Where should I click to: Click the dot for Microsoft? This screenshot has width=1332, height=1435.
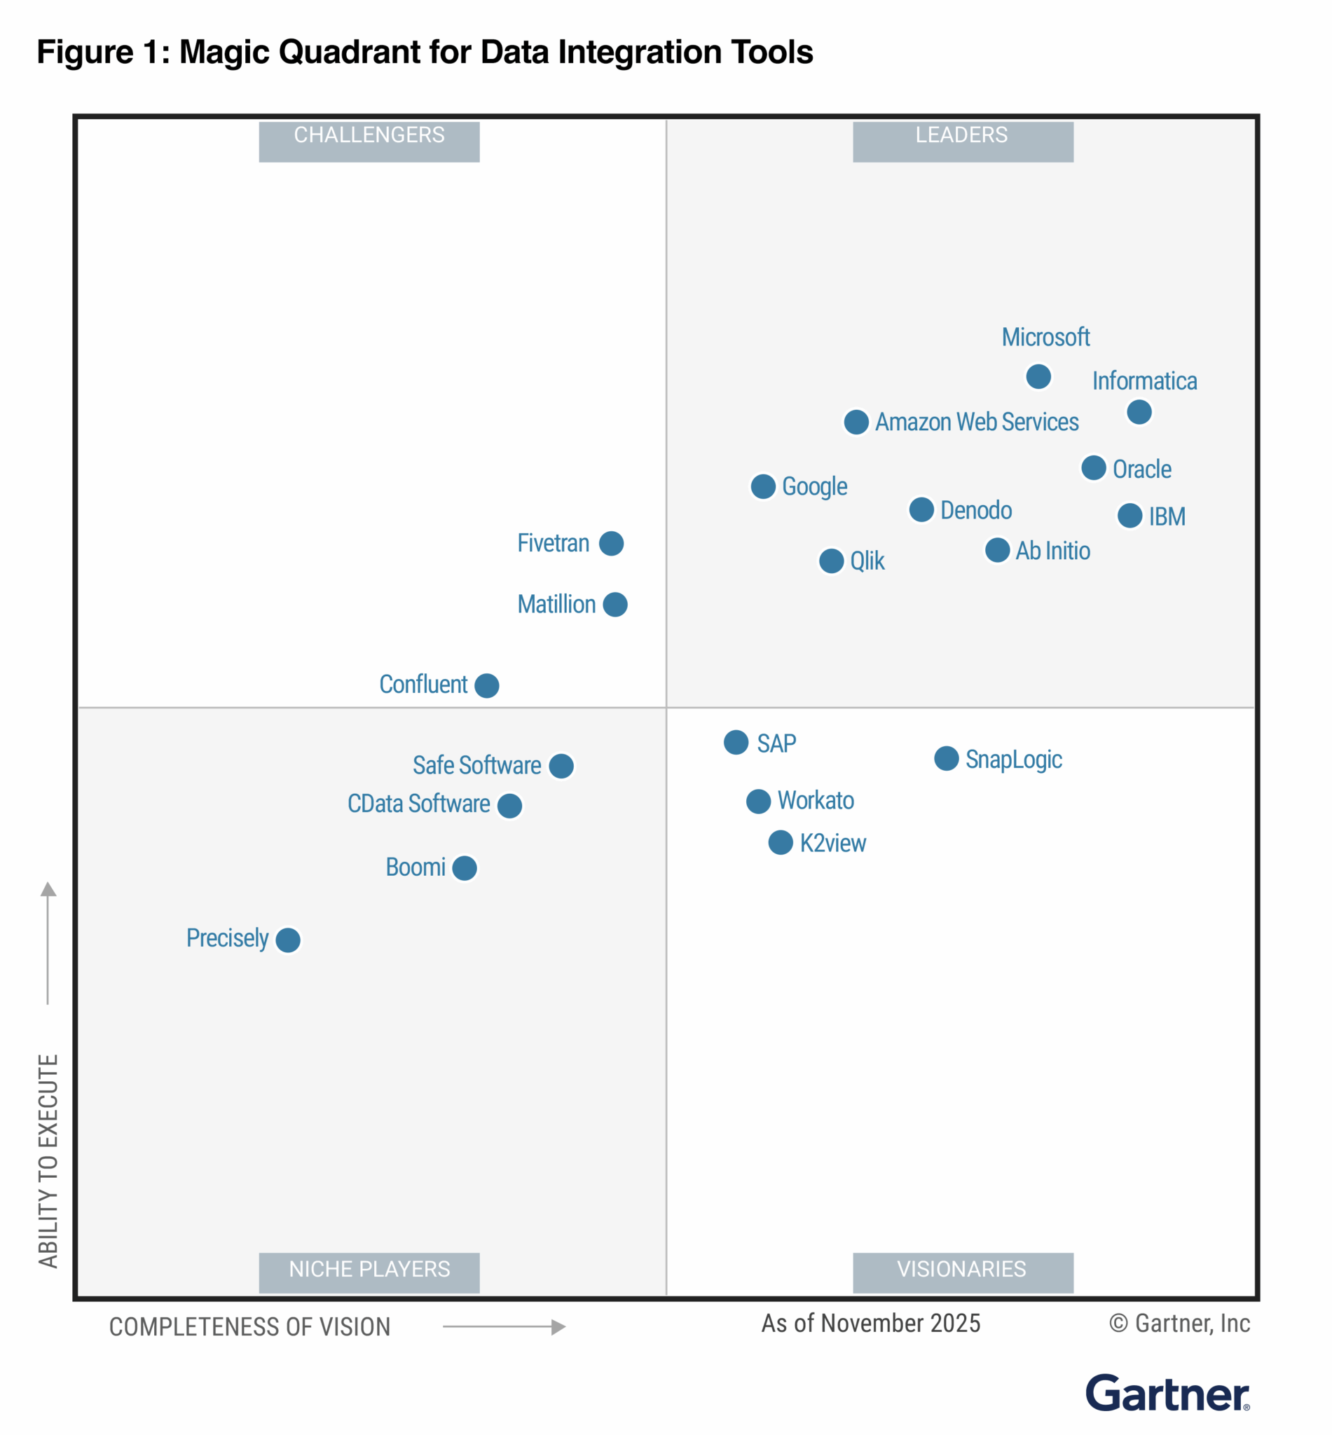click(x=1038, y=376)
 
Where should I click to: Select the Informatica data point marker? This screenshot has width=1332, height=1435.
click(x=1139, y=412)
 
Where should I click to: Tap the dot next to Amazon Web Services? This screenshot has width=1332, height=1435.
click(x=856, y=422)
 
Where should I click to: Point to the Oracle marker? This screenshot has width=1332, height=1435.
click(x=1094, y=468)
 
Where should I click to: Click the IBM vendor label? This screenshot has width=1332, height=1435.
click(x=1167, y=517)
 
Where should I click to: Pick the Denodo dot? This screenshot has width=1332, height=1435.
click(x=921, y=509)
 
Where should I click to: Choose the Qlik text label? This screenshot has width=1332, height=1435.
click(x=867, y=561)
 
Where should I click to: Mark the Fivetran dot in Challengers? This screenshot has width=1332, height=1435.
click(x=611, y=544)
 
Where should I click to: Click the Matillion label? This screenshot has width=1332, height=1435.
click(x=556, y=604)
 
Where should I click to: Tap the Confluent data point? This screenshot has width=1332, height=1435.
click(x=486, y=685)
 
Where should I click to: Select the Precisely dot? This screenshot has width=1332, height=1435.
click(x=287, y=940)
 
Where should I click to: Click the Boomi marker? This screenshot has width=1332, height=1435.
click(x=464, y=867)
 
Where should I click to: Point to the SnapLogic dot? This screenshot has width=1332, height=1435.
click(x=947, y=758)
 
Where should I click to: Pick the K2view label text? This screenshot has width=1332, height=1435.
click(x=832, y=843)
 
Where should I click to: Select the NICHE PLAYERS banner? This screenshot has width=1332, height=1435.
click(x=369, y=1272)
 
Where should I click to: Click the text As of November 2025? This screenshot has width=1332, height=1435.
click(x=871, y=1324)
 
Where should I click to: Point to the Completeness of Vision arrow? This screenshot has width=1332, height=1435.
click(x=504, y=1327)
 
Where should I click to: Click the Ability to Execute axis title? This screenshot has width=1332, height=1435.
click(x=48, y=1160)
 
